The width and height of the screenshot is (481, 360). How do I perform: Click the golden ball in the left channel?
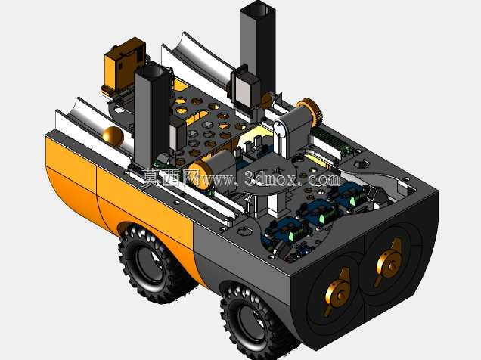click(113, 136)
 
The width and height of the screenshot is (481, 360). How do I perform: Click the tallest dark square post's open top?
click(259, 8)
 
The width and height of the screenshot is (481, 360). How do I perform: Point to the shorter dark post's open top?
click(153, 70)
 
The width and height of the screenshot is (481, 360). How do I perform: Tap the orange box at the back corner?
click(123, 65)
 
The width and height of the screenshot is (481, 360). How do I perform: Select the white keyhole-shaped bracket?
click(281, 138)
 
